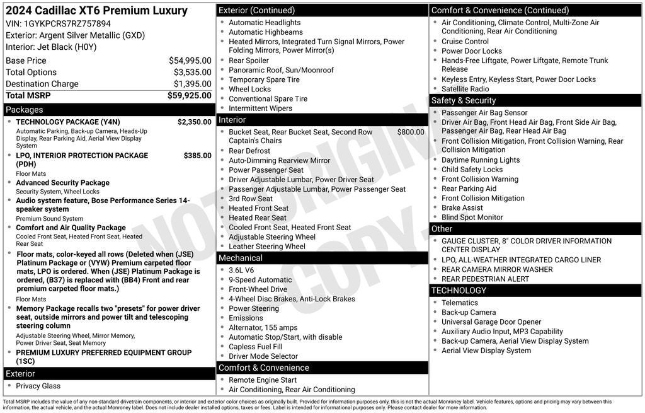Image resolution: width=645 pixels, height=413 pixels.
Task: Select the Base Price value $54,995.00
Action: [190, 61]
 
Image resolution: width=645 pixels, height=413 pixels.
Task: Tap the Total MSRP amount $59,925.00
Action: [189, 95]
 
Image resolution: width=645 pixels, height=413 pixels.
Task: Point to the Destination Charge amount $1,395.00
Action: [192, 84]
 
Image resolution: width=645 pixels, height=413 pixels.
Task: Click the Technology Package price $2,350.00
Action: [194, 122]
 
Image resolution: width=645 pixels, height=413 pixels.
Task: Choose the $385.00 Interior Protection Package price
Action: [197, 155]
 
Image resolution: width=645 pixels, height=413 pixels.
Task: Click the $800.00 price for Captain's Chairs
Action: [411, 132]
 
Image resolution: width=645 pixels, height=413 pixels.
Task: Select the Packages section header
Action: [25, 110]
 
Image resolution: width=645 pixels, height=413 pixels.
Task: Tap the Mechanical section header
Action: [241, 258]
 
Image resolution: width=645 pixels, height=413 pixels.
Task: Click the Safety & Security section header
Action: [463, 100]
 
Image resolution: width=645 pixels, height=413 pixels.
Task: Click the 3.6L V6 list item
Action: [245, 270]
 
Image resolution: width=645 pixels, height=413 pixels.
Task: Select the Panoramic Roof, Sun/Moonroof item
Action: [281, 70]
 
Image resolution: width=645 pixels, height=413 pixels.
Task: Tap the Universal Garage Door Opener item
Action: [491, 322]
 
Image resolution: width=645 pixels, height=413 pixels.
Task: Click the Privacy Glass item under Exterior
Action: [38, 386]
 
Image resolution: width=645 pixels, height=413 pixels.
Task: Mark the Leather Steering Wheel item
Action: [267, 247]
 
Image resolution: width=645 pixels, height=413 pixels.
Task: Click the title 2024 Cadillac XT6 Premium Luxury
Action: [96, 11]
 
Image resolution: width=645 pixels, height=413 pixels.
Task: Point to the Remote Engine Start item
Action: [263, 380]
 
